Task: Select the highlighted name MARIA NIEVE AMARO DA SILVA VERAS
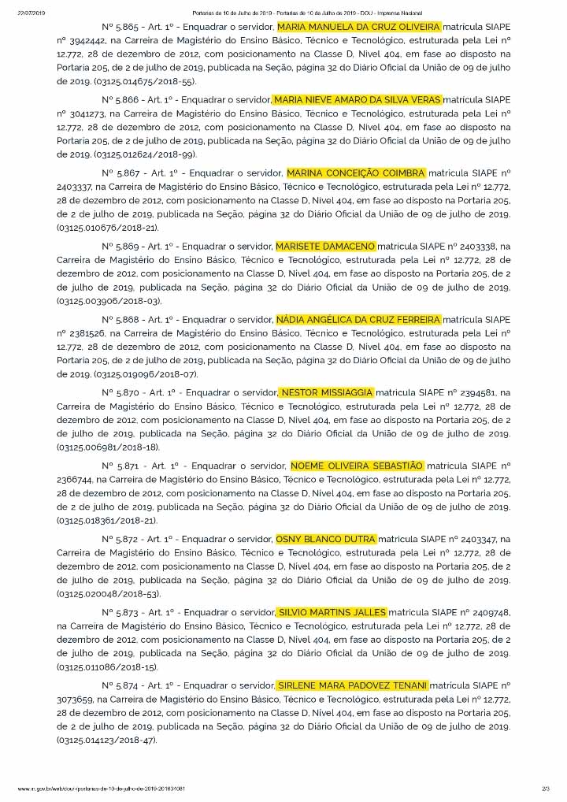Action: [x=357, y=100]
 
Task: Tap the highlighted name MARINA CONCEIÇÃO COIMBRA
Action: [x=356, y=173]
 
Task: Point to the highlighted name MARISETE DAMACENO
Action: [x=326, y=247]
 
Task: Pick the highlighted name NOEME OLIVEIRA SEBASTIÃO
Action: [x=357, y=466]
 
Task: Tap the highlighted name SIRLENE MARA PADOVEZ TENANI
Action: [x=352, y=685]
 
